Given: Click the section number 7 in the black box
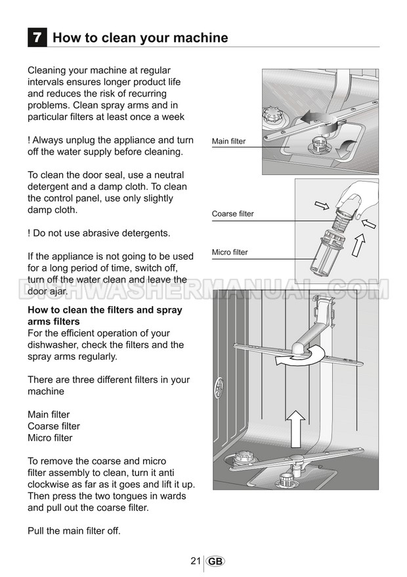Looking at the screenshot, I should [x=37, y=37].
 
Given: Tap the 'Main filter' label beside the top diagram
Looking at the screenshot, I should [x=228, y=141].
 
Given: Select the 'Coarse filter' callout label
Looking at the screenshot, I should [x=232, y=214].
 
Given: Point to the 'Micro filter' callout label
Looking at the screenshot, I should [x=230, y=252].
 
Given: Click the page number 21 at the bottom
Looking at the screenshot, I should [x=195, y=561].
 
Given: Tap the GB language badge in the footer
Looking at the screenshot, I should [x=216, y=561].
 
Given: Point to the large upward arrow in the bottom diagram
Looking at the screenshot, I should [x=297, y=429].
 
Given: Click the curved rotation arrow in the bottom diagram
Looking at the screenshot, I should [x=295, y=357].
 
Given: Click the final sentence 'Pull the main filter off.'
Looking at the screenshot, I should [x=74, y=530].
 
